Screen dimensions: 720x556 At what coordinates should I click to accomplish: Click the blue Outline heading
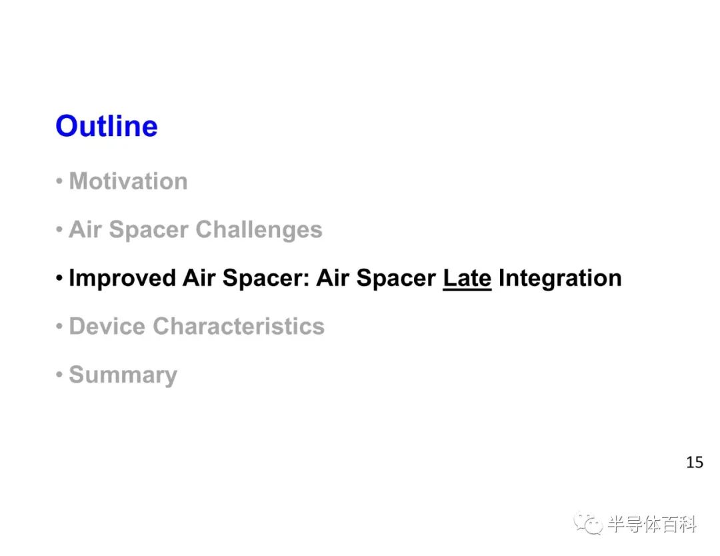coord(107,126)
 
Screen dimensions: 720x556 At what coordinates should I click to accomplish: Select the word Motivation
coord(128,181)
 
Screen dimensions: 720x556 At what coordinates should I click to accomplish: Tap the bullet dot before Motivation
coord(59,181)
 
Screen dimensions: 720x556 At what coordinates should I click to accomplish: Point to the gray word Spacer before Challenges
coord(149,230)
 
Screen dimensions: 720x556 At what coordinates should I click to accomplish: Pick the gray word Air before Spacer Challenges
coord(85,229)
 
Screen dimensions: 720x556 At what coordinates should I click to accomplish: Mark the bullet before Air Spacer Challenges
coord(59,229)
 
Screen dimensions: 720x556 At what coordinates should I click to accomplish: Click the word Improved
coord(122,278)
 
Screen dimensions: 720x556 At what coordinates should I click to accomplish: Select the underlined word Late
coord(467,278)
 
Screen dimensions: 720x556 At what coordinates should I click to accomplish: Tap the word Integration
coord(560,278)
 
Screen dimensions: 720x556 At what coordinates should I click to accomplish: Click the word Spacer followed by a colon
coord(266,278)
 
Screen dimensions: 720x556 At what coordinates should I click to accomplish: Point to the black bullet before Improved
coord(59,278)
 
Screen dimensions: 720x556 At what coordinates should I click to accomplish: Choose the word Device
coord(107,326)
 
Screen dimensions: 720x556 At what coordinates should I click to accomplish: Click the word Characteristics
coord(239,326)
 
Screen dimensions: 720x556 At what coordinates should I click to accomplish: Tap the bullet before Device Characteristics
coord(59,327)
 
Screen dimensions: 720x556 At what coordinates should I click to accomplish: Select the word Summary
coord(123,375)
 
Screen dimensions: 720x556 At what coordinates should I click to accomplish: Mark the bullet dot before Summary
coord(59,375)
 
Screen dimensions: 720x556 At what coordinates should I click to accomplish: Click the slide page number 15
coord(694,462)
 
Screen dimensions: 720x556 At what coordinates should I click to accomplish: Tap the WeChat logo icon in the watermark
coord(589,523)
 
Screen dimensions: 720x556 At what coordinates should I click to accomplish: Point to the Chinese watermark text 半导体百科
coord(652,524)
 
